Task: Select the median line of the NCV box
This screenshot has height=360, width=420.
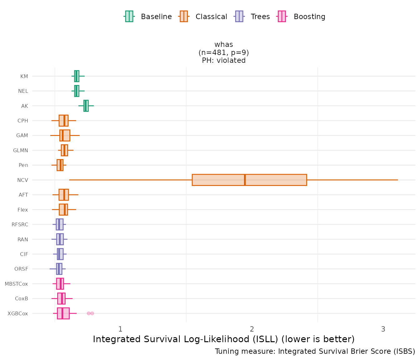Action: [x=245, y=180]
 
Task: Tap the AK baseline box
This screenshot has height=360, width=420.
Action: [x=86, y=106]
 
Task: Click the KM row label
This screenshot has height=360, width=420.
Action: [x=24, y=76]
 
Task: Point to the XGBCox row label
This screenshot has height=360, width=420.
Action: [x=18, y=313]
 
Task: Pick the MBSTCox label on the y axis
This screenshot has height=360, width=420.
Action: [x=16, y=284]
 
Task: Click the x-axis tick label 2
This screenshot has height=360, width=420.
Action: [x=252, y=329]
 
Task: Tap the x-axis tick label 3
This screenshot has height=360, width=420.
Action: [x=383, y=329]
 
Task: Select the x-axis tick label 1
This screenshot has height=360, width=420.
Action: [x=120, y=329]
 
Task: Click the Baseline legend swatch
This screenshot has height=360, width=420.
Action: [x=129, y=16]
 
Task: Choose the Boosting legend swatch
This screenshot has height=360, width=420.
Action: [x=282, y=16]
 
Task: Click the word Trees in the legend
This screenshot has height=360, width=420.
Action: [x=260, y=17]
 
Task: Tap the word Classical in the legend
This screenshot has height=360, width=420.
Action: [x=211, y=17]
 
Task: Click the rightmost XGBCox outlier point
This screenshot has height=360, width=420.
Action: [x=92, y=313]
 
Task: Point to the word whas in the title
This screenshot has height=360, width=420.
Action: [x=224, y=45]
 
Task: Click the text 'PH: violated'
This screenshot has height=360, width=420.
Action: [x=224, y=60]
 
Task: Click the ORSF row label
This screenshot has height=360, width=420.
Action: [x=21, y=269]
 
